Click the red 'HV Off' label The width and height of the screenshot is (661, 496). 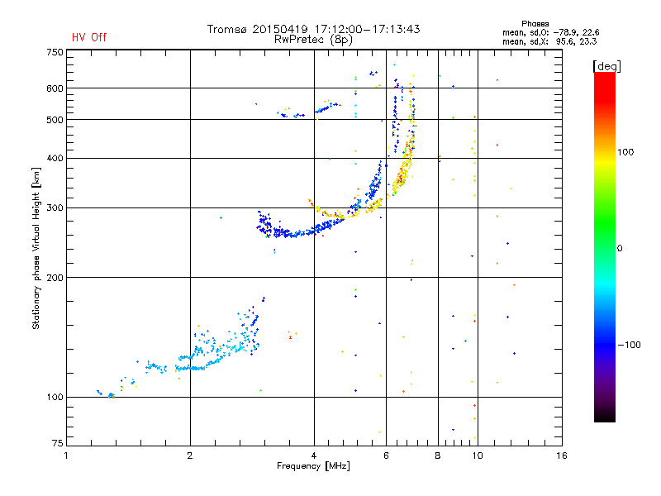(x=88, y=37)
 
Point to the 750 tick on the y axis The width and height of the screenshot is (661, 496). (x=55, y=52)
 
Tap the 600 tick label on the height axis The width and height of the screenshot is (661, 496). (x=55, y=88)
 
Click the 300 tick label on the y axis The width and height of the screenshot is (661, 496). (x=55, y=208)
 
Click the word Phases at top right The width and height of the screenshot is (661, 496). (x=537, y=23)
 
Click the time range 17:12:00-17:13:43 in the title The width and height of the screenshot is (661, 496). (x=364, y=29)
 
